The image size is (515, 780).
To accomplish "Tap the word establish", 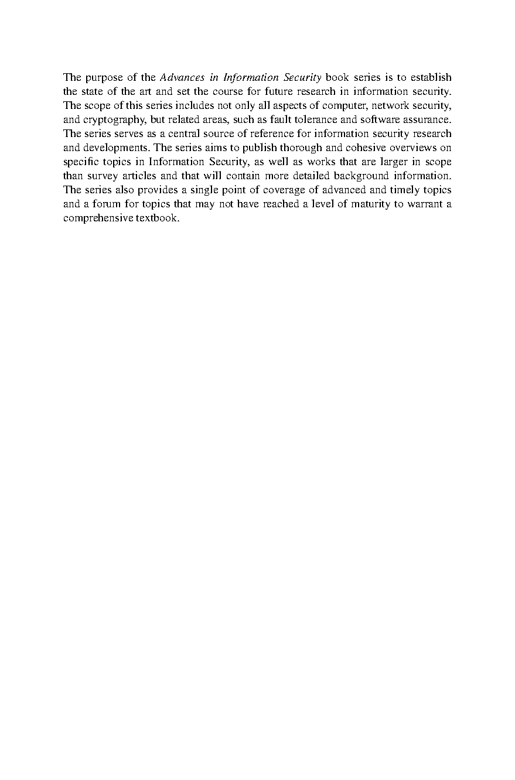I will pyautogui.click(x=431, y=77).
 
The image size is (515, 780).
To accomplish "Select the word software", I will pyautogui.click(x=374, y=119).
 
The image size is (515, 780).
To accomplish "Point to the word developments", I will pyautogui.click(x=115, y=148).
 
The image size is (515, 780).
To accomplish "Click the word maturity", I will pyautogui.click(x=373, y=204).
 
